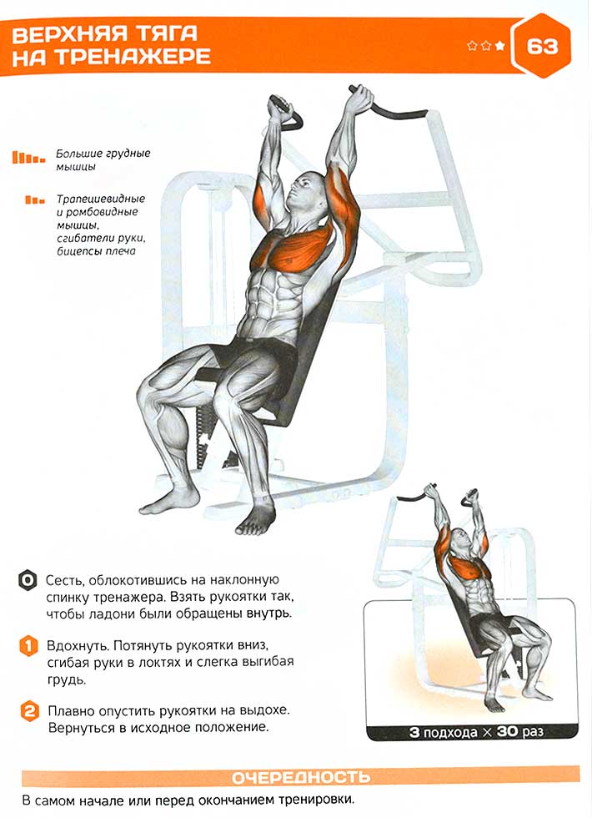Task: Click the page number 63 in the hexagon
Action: click(542, 47)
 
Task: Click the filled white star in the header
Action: click(500, 46)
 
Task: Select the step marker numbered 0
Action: click(28, 580)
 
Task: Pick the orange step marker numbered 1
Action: click(28, 646)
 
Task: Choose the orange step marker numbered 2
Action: click(30, 711)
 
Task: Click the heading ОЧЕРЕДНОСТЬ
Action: click(301, 777)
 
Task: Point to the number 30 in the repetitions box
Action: click(507, 731)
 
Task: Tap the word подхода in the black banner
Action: click(449, 733)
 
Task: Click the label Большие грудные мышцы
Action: click(103, 160)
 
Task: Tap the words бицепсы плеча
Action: click(96, 251)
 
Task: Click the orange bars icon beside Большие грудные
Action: click(28, 157)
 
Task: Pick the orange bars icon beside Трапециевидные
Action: click(35, 199)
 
